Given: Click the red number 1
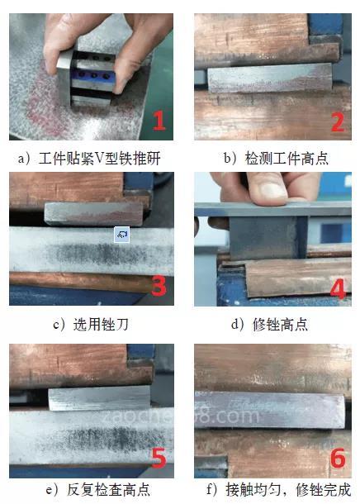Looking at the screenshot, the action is [x=159, y=121].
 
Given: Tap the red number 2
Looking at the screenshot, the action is [x=338, y=122].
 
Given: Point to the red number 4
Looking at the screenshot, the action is [x=339, y=288].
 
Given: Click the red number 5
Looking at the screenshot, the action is [x=159, y=458].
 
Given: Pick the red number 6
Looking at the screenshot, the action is [x=338, y=458].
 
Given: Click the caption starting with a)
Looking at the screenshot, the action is [x=89, y=158].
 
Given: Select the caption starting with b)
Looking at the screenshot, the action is [x=276, y=158].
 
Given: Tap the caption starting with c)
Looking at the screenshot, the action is [x=91, y=325].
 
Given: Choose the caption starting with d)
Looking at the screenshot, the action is [x=269, y=325].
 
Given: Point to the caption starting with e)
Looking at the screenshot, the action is [x=98, y=489].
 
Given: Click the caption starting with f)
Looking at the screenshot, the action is [x=278, y=489].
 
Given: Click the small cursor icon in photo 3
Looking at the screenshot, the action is [x=122, y=235].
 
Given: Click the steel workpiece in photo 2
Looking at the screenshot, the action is [x=270, y=78].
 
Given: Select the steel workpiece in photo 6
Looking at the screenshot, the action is [x=270, y=410].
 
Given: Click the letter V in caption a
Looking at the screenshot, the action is [x=99, y=159].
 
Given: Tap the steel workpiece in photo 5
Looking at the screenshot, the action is [x=100, y=398].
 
